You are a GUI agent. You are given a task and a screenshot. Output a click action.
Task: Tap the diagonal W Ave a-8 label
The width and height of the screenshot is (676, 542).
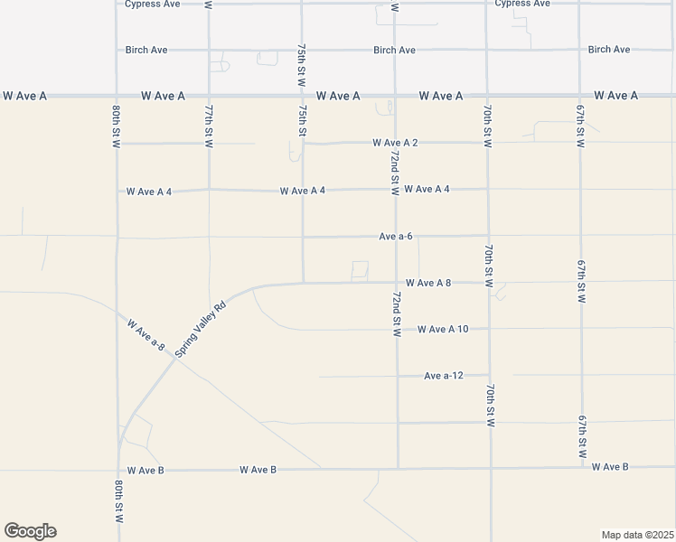(146, 333)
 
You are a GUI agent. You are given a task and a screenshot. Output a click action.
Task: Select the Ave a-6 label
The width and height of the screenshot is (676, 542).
(396, 237)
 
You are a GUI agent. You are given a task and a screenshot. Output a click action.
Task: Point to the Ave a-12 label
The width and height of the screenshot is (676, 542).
(443, 376)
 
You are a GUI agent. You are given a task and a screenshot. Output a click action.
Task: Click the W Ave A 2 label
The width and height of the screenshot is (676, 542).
(395, 143)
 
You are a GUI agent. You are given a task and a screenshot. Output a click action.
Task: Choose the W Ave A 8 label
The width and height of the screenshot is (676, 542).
(428, 283)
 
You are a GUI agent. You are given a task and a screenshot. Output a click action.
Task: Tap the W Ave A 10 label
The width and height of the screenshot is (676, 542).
(443, 330)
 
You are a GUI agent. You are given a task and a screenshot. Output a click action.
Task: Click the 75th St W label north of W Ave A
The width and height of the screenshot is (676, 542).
(302, 69)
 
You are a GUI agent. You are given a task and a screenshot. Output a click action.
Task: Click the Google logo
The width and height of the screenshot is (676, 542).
(30, 531)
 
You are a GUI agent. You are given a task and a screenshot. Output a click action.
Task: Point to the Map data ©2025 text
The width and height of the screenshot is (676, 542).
(637, 535)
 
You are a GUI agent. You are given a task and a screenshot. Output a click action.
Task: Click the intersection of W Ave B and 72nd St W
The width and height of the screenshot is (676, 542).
(398, 468)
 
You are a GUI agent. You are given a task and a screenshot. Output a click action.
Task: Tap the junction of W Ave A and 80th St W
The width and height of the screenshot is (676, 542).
(117, 95)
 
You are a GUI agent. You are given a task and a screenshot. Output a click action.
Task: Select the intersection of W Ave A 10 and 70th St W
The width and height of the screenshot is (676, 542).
(489, 329)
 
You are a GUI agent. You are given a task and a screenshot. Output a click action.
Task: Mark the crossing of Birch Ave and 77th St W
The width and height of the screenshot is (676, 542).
(209, 50)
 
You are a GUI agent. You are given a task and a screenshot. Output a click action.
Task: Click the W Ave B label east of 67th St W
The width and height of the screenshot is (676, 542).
(610, 466)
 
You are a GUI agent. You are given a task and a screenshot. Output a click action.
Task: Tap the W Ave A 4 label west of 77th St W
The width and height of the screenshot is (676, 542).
(149, 192)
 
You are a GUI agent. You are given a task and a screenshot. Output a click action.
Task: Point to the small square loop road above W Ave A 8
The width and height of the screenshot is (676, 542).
(360, 270)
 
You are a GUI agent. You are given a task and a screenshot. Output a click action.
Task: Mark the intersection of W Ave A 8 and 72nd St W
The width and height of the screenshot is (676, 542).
(396, 282)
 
